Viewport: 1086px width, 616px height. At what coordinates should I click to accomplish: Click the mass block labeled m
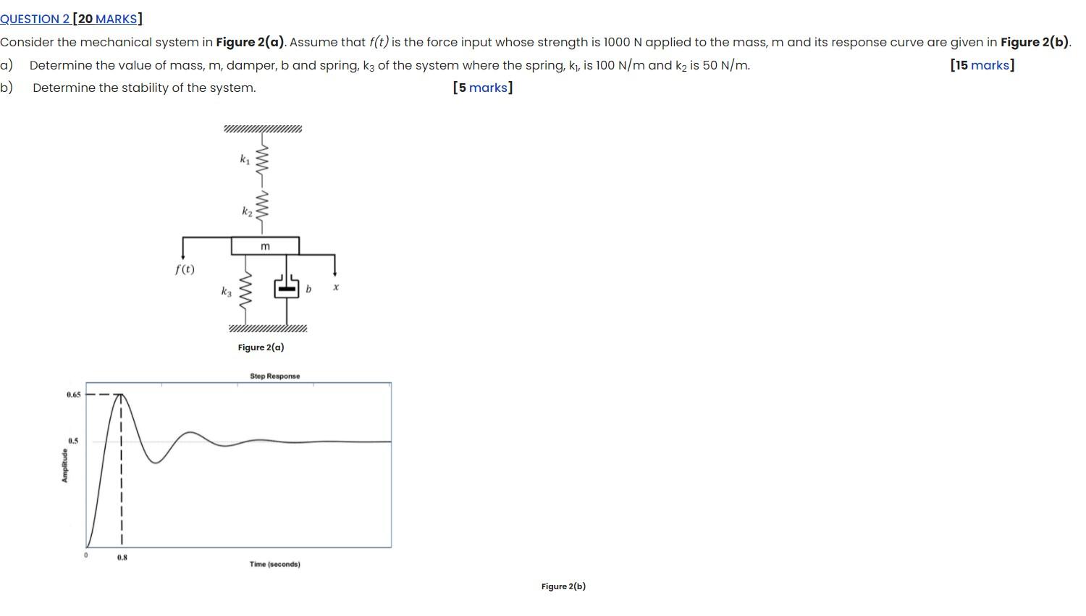pos(265,246)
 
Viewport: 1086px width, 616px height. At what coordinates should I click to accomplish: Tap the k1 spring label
pos(245,159)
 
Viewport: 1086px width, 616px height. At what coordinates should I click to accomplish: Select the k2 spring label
pos(247,211)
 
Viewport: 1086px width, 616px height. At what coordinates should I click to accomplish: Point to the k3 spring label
pos(227,292)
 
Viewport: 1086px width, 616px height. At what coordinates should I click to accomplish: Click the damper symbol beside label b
pos(287,288)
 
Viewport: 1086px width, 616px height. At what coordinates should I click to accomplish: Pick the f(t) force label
pos(185,269)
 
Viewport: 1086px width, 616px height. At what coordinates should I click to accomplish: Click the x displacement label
pos(336,287)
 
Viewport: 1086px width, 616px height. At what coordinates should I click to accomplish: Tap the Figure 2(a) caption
pos(261,347)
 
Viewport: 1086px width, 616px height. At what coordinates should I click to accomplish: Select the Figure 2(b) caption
pos(563,586)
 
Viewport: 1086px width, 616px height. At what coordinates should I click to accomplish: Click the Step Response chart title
pos(274,376)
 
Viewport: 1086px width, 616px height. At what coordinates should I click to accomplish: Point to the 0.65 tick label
pos(73,395)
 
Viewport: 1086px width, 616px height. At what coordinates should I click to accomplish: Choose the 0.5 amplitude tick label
pos(73,441)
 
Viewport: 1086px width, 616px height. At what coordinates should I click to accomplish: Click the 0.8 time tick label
pos(122,558)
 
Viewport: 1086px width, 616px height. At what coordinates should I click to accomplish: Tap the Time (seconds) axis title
pos(274,565)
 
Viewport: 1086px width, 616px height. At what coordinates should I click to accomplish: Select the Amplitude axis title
pos(64,465)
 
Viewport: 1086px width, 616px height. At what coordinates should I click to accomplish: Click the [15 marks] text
pos(982,65)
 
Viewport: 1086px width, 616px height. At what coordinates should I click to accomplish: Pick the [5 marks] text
pos(482,88)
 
